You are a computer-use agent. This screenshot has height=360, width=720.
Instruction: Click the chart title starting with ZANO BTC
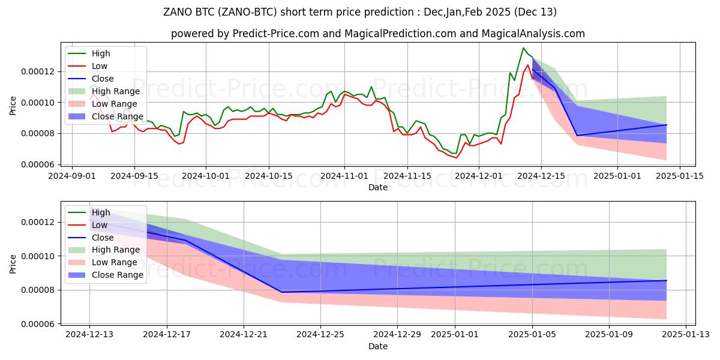[x=360, y=12]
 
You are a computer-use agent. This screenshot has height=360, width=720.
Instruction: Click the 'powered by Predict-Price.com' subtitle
[x=378, y=34]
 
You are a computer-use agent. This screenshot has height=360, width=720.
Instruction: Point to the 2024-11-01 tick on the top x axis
[x=344, y=176]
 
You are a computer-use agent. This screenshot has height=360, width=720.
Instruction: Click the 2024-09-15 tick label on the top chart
[x=134, y=176]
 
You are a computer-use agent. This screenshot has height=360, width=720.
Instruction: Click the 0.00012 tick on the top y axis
[x=38, y=71]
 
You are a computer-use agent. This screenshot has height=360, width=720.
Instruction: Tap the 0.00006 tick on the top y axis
[x=38, y=164]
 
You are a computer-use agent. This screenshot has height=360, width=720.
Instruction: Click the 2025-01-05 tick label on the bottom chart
[x=533, y=335]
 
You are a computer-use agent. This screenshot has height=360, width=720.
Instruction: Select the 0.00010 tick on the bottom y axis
[x=38, y=256]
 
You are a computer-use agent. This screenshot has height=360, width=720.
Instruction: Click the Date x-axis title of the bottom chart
[x=378, y=346]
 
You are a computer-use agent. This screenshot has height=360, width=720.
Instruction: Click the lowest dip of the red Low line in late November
[x=456, y=158]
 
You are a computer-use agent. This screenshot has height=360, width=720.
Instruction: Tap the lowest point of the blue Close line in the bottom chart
[x=281, y=292]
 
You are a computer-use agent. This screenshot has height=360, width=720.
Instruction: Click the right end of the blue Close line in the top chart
[x=667, y=125]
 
